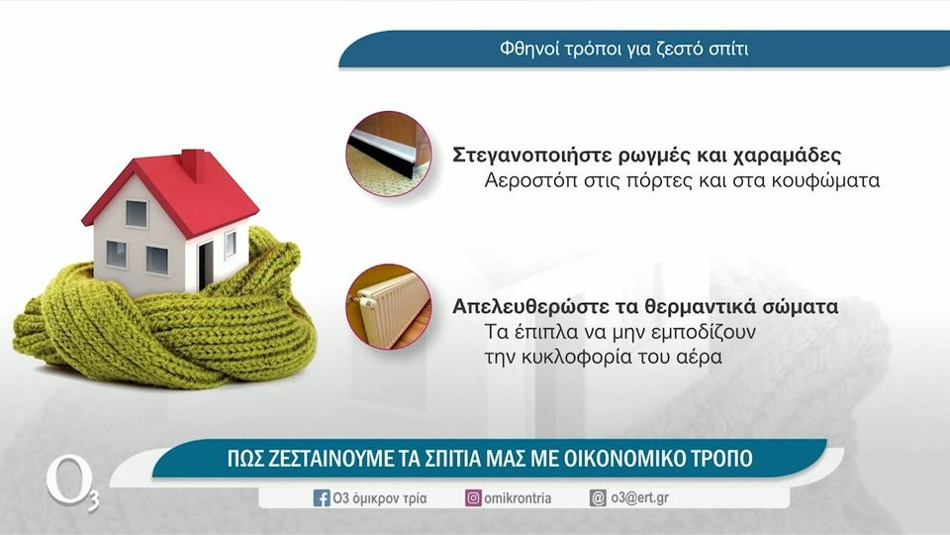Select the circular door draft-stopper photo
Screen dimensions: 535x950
pyautogui.click(x=388, y=154)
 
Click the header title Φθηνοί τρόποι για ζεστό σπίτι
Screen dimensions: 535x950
pyautogui.click(x=630, y=49)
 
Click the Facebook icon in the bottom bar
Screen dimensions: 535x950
pyautogui.click(x=322, y=498)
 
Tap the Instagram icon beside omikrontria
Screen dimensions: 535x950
pyautogui.click(x=474, y=498)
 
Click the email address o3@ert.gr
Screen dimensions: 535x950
pyautogui.click(x=639, y=497)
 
